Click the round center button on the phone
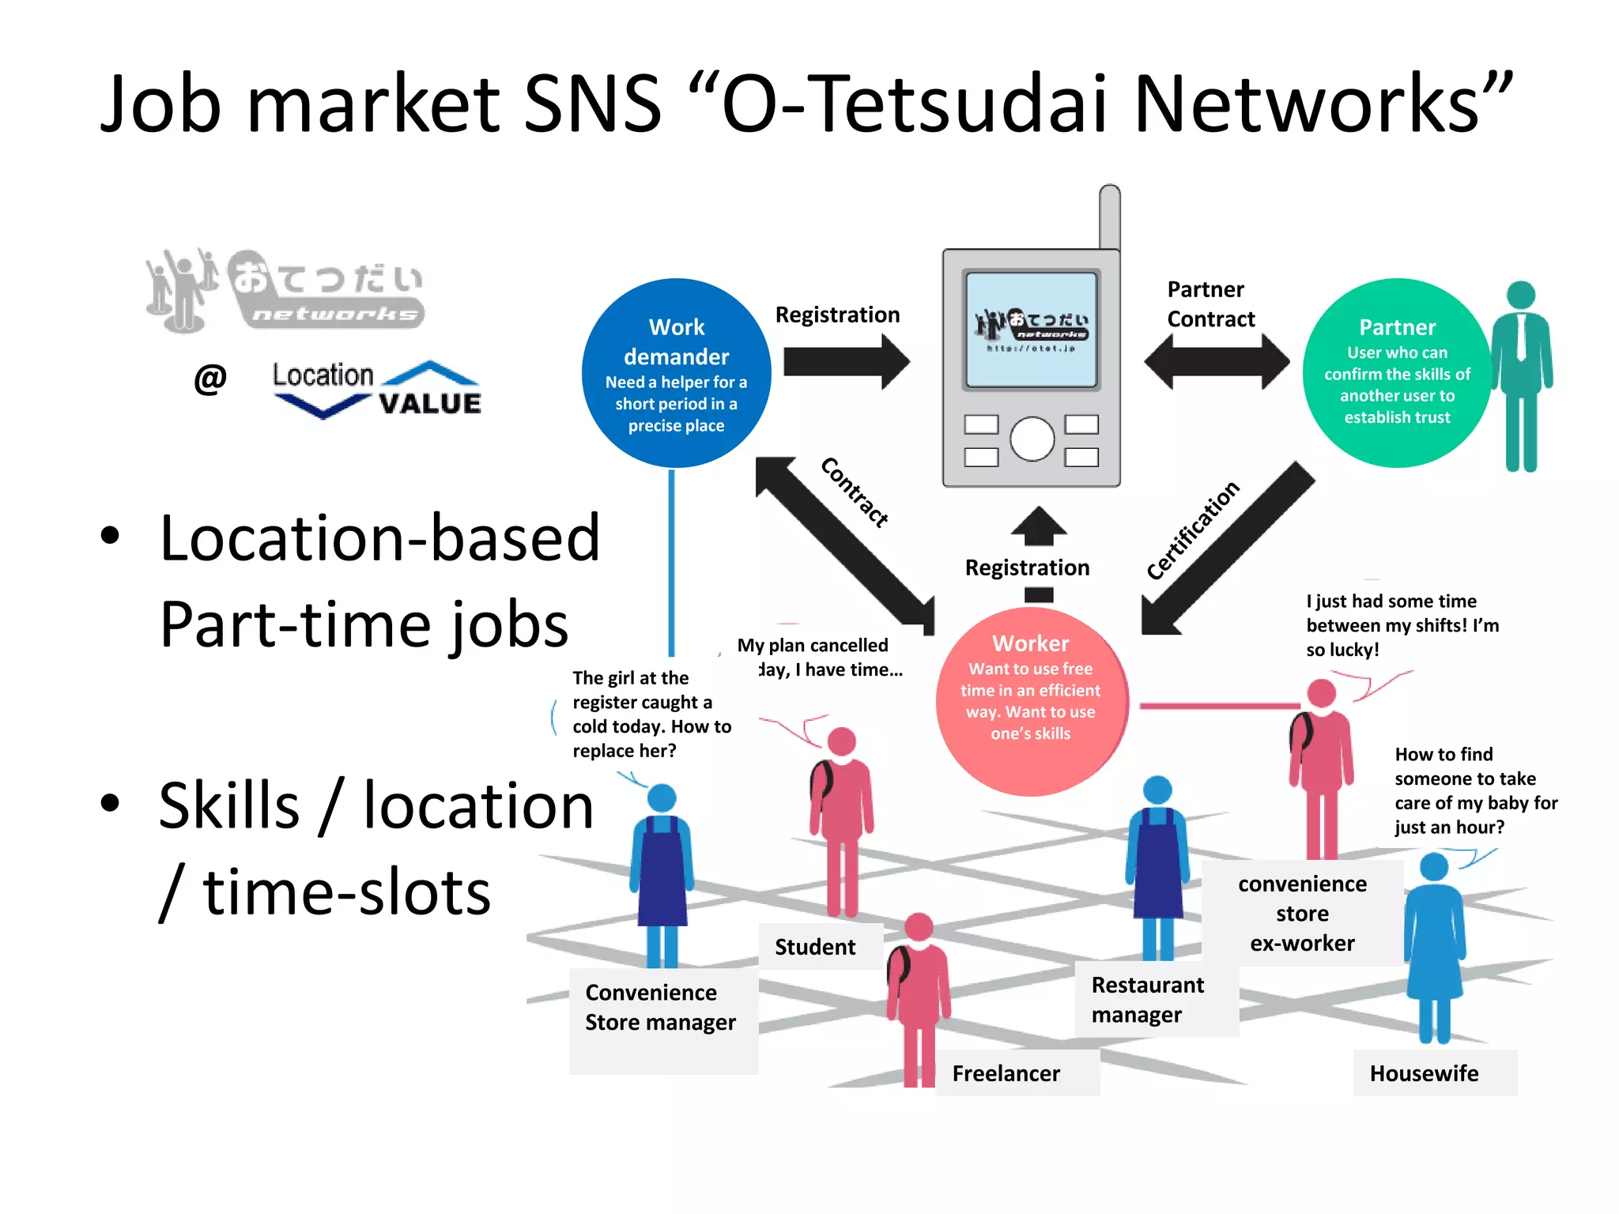[1032, 439]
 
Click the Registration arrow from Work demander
[846, 362]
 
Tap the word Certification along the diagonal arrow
[1193, 530]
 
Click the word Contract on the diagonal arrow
[855, 492]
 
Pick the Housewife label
[1424, 1073]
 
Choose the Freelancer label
[1006, 1073]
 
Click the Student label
[814, 947]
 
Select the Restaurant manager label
[1148, 1000]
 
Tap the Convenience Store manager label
[660, 1008]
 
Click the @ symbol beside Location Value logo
[210, 379]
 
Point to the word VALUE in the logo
[429, 404]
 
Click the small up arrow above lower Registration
[1039, 526]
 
